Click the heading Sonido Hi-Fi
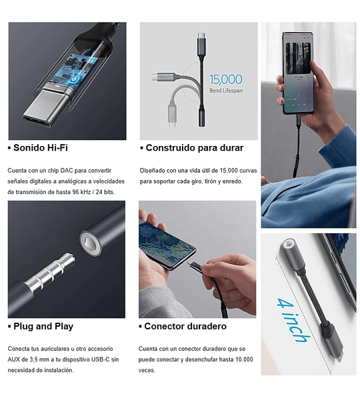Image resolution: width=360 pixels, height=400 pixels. click(40, 148)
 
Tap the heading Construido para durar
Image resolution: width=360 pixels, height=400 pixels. click(194, 148)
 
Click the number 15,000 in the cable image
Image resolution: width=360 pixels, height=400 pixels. click(225, 79)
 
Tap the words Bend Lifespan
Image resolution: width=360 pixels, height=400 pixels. click(226, 90)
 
